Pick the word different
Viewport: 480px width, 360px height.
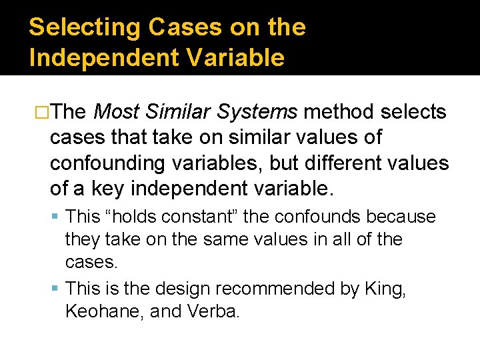pyautogui.click(x=347, y=164)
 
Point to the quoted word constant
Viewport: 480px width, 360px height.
pyautogui.click(x=189, y=217)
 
